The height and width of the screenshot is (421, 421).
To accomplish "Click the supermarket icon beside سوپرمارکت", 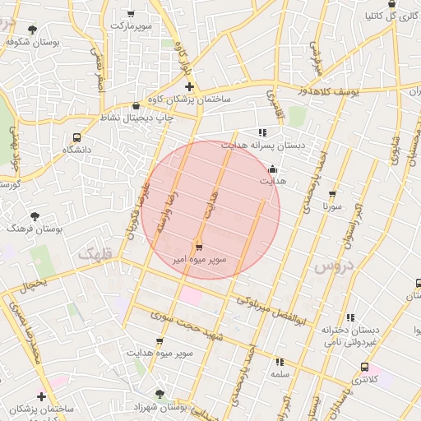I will point(132,13).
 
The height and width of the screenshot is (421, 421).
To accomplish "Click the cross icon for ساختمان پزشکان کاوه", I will point(189,86).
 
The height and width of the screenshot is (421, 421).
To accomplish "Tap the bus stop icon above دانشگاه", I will point(76,137).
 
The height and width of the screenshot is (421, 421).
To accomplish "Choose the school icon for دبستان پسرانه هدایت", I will point(262,132).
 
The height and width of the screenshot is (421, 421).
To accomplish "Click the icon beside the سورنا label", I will point(332,195).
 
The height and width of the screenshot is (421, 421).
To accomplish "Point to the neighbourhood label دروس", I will point(332,266).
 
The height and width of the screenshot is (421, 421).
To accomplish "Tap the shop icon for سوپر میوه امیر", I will point(198,247).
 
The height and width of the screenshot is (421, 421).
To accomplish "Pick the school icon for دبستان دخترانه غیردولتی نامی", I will point(350,317).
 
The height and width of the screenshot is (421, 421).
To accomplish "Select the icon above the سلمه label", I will point(280,361).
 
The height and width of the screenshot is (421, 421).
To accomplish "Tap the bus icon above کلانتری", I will point(364,367).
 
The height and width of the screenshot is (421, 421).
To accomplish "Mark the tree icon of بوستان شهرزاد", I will point(160,394).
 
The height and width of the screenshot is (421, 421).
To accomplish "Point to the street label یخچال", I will point(34,283).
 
